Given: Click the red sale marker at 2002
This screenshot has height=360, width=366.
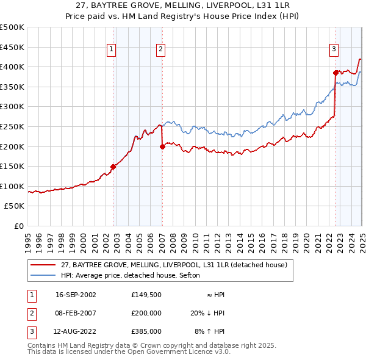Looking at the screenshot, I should tap(113, 166).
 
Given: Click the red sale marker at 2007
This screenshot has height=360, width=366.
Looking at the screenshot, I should tap(162, 146).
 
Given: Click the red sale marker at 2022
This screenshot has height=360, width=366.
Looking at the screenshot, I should tap(335, 73).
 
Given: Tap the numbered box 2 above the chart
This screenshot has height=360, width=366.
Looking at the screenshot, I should tap(160, 50).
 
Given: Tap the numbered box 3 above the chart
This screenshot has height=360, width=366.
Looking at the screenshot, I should tap(334, 50).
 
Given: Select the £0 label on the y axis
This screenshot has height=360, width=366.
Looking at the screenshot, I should tap(19, 226).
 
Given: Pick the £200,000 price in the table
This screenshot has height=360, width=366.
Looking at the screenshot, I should tap(146, 312).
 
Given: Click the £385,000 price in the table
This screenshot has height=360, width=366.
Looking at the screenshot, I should tap(146, 331).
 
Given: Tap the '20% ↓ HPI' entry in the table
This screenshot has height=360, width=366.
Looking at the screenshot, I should tap(207, 312).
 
